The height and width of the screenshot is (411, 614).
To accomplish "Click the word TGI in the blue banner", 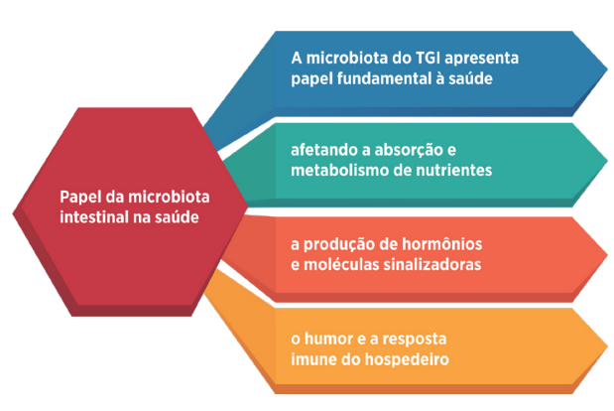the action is click(x=427, y=58).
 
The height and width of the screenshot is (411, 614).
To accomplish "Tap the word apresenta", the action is click(x=482, y=59).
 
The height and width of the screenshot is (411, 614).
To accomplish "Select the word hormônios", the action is click(x=442, y=244).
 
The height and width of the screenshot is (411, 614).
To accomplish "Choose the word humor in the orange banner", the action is click(x=328, y=339).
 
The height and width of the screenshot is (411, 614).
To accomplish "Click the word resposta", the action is click(x=415, y=340).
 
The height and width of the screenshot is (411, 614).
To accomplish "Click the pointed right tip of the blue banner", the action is click(x=607, y=69).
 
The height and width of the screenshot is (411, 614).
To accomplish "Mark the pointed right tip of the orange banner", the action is click(x=607, y=346).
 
